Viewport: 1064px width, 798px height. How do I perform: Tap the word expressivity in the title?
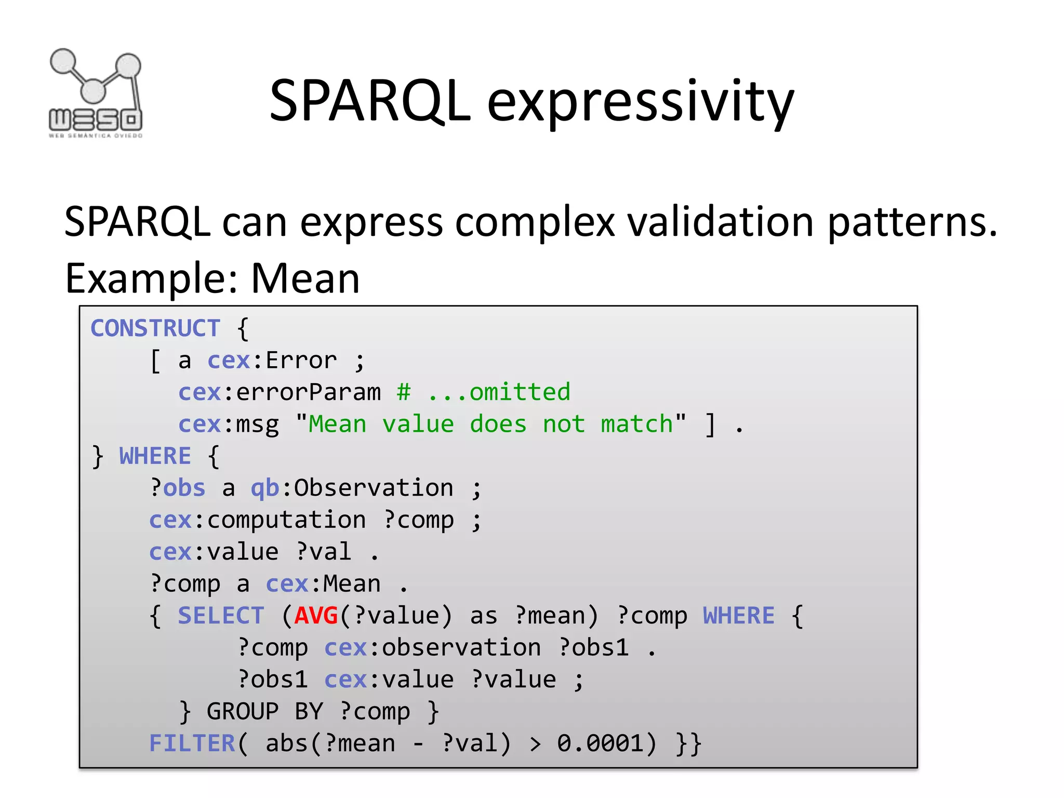640,102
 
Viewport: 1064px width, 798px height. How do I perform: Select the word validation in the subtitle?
720,222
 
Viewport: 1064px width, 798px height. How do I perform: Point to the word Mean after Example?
305,278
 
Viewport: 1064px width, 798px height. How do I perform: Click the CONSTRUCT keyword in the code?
155,328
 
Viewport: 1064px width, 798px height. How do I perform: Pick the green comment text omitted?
520,392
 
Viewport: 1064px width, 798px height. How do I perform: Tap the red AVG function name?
316,616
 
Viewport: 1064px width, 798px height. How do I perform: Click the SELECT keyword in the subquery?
221,616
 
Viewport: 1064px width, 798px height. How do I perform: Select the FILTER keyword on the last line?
192,743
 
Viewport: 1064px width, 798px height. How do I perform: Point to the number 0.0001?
601,743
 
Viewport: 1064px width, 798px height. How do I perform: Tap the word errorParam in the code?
308,392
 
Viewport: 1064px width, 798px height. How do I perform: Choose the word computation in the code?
286,521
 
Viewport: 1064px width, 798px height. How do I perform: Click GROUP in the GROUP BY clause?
243,712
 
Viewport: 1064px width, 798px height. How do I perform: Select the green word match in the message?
637,424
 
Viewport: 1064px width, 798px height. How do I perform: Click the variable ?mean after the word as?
550,616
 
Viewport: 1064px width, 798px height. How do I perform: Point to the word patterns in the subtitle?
911,222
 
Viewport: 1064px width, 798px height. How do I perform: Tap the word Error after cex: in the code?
301,361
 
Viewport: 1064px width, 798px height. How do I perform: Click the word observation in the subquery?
461,648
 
